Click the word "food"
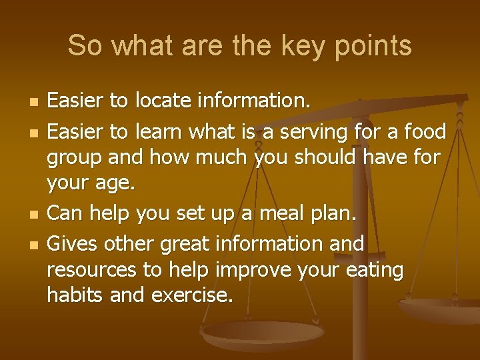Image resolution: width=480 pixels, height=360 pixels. (x=425, y=132)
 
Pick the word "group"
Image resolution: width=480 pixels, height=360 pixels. (x=74, y=159)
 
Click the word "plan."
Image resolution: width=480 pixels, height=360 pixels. (x=338, y=213)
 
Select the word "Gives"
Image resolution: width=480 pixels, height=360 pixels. (x=73, y=243)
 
